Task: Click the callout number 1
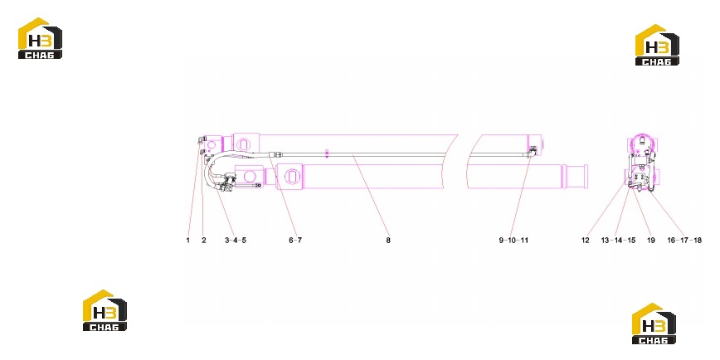click(187, 241)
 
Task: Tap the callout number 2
click(204, 241)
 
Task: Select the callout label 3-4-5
click(236, 241)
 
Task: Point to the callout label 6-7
click(295, 241)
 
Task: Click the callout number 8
click(388, 241)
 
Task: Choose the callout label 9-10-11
click(513, 241)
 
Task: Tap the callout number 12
click(585, 241)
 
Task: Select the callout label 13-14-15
click(618, 241)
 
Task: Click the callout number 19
click(651, 241)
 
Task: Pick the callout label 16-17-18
click(684, 241)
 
